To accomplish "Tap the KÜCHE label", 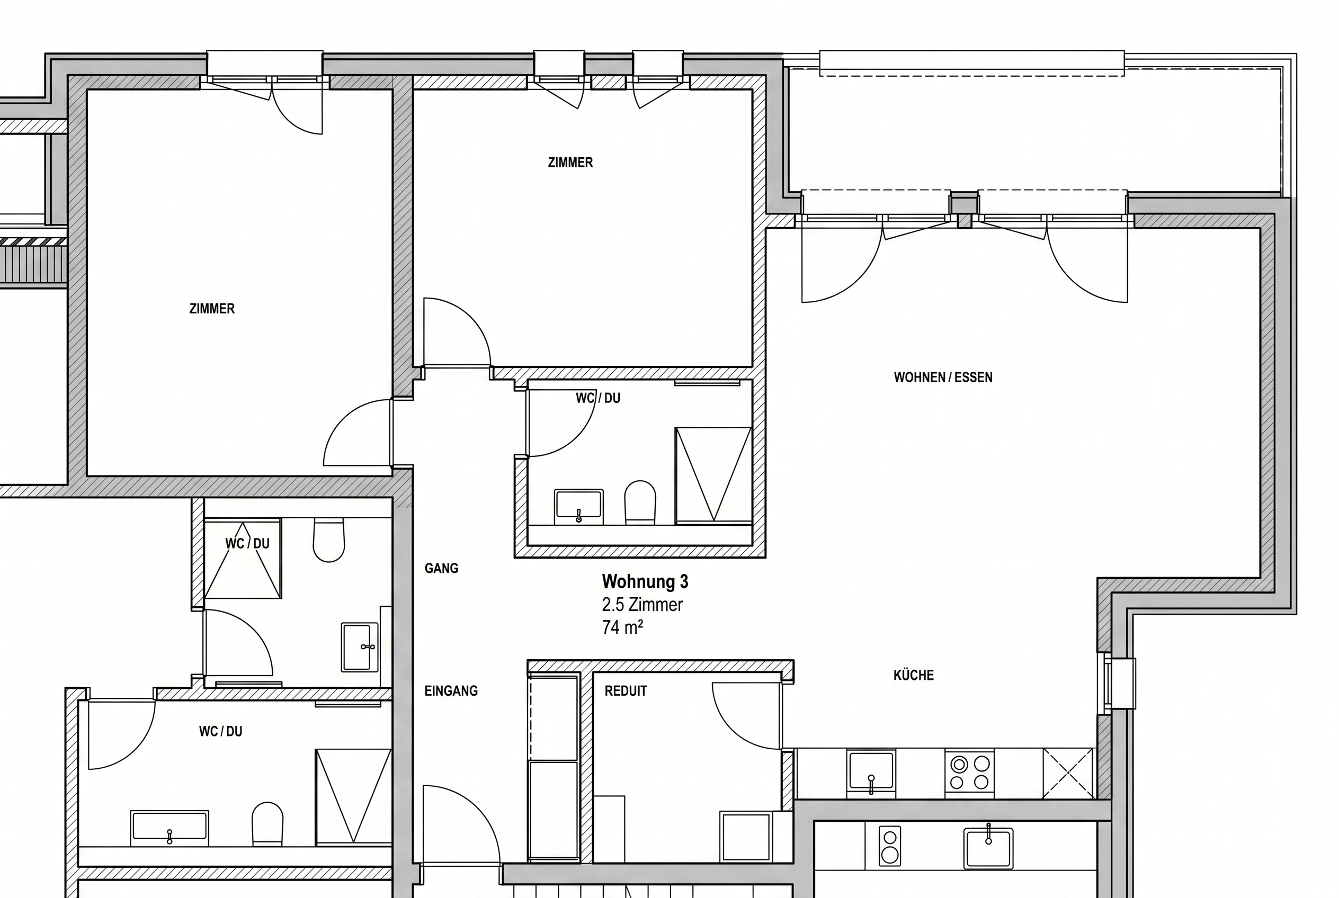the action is (913, 675).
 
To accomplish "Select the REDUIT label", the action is (626, 692).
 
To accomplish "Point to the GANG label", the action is (441, 569).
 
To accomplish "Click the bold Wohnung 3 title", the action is (645, 582).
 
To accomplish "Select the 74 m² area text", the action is (622, 627).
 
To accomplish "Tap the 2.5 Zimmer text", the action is (642, 605).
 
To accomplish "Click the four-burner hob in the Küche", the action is (969, 772).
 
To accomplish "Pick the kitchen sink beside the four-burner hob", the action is (871, 771).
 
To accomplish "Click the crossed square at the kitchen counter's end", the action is (1068, 773).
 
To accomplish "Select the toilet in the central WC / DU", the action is (640, 502).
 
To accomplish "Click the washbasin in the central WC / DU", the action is (579, 506).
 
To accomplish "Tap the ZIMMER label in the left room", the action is (212, 309).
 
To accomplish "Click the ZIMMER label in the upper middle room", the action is (570, 163).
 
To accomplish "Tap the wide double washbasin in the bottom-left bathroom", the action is (169, 828).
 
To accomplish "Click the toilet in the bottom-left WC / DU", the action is (267, 822).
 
